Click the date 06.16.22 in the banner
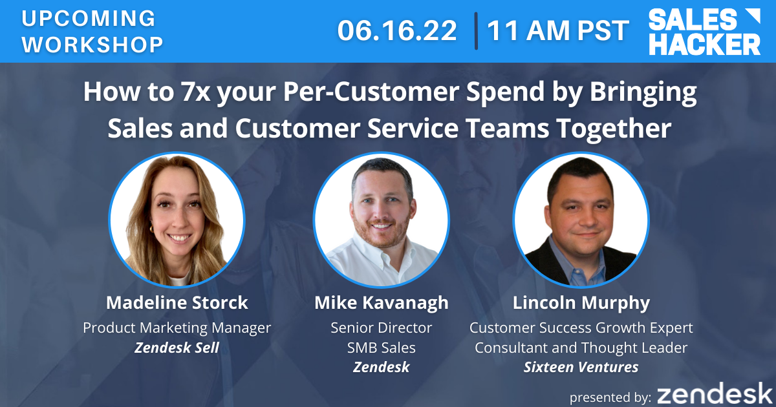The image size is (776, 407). pyautogui.click(x=397, y=30)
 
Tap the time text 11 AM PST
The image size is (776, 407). pyautogui.click(x=557, y=30)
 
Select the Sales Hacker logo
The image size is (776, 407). pyautogui.click(x=704, y=32)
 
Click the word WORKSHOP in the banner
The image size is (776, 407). pyautogui.click(x=92, y=45)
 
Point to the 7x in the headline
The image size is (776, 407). pyautogui.click(x=196, y=92)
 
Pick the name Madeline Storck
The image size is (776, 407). pyautogui.click(x=177, y=302)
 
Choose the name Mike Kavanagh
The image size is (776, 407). pyautogui.click(x=382, y=302)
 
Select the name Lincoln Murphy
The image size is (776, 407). pyautogui.click(x=581, y=303)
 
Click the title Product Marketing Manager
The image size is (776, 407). pyautogui.click(x=177, y=328)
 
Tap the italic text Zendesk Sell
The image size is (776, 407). pyautogui.click(x=177, y=348)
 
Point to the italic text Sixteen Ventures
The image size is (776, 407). pyautogui.click(x=581, y=367)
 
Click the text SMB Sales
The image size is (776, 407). pyautogui.click(x=381, y=348)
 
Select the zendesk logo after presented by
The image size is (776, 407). pyautogui.click(x=715, y=393)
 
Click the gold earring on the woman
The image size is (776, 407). pyautogui.click(x=152, y=229)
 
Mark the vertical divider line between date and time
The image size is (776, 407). pyautogui.click(x=476, y=31)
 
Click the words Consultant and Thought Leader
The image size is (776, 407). pyautogui.click(x=581, y=348)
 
